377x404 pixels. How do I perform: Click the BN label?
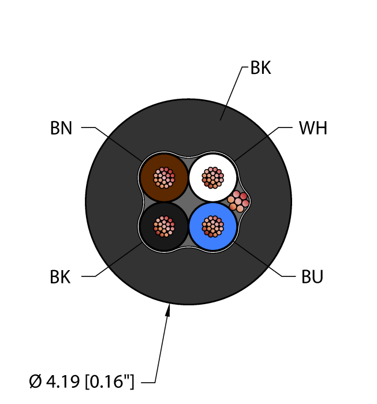point(61,128)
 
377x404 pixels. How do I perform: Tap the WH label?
point(313,128)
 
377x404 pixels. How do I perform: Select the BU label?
point(312,276)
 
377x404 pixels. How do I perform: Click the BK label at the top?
point(260,68)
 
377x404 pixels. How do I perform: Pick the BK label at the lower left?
point(60,277)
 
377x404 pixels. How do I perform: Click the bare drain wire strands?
point(238,202)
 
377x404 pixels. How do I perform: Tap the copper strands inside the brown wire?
point(164,178)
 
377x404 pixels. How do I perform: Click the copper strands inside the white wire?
point(213,178)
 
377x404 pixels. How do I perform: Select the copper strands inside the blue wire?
point(213,226)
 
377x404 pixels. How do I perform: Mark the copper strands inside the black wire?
point(164,226)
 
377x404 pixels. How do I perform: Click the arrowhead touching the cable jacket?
point(168,310)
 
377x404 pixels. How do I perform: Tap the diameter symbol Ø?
point(35,381)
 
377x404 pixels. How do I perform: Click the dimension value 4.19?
point(63,381)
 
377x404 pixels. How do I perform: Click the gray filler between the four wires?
point(188,202)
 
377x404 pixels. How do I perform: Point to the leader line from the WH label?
point(263,144)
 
